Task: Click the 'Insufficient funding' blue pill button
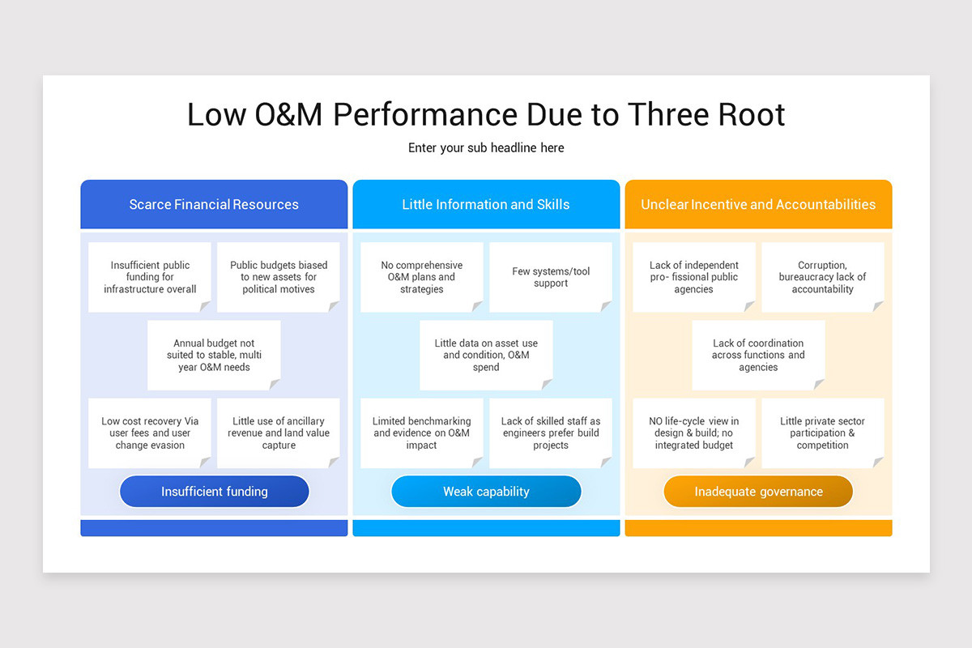[215, 492]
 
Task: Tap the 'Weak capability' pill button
[486, 492]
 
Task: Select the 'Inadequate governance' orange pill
[758, 492]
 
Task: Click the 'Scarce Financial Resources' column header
[214, 204]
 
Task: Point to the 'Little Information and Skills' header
[486, 204]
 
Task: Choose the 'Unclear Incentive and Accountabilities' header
[758, 204]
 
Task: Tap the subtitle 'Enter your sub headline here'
[486, 148]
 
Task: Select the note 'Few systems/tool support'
[551, 277]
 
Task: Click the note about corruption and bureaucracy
[822, 277]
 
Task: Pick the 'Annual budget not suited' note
[215, 355]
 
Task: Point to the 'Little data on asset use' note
[486, 355]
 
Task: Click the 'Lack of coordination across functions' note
[758, 355]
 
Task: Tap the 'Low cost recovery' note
[150, 433]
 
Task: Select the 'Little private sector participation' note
[822, 433]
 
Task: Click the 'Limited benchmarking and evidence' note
[421, 433]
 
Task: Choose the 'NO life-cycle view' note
[693, 433]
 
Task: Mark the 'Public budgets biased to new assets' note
[279, 277]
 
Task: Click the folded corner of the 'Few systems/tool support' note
[607, 307]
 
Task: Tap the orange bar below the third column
[758, 528]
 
